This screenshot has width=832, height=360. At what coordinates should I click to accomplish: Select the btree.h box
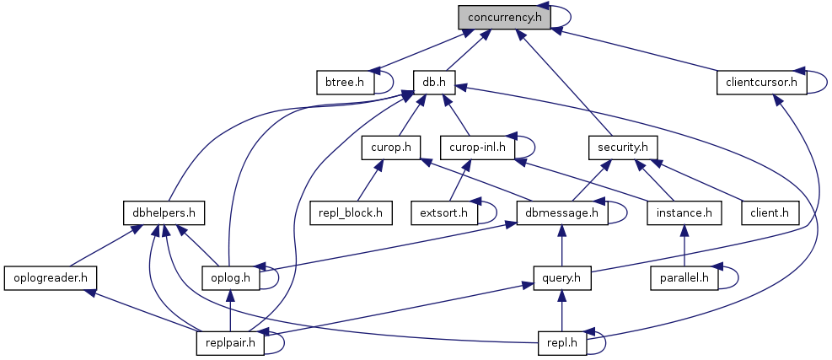click(x=344, y=82)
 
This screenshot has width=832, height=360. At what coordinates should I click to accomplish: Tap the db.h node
click(x=435, y=82)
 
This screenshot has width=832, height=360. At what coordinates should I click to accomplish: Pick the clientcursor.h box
click(x=761, y=82)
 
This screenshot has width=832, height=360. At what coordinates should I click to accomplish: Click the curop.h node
click(x=390, y=147)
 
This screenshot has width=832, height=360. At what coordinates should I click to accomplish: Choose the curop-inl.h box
click(x=477, y=147)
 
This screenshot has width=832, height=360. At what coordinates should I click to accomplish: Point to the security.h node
click(x=622, y=147)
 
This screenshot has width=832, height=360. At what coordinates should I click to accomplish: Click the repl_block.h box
click(x=352, y=212)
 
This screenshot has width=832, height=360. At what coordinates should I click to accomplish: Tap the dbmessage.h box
click(x=562, y=212)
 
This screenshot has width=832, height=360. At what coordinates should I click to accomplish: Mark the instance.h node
click(x=684, y=212)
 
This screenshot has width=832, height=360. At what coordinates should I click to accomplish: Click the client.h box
click(x=769, y=212)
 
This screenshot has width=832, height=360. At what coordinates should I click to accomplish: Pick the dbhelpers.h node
click(x=164, y=212)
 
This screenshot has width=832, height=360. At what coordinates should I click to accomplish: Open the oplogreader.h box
click(x=51, y=277)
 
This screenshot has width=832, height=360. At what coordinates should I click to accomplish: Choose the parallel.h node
click(x=684, y=277)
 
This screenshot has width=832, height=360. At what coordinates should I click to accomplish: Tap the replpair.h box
click(x=229, y=341)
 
